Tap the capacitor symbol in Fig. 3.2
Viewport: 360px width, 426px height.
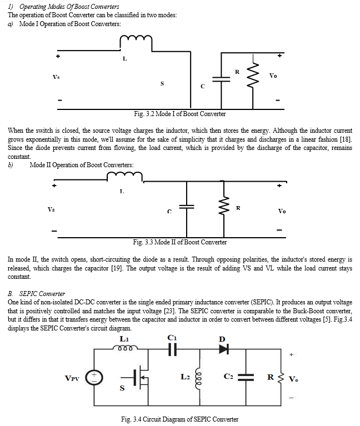(x=221, y=79)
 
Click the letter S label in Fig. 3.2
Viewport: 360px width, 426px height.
(x=162, y=83)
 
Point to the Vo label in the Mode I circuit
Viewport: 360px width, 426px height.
(x=273, y=76)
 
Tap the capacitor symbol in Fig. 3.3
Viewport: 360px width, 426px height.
(x=186, y=207)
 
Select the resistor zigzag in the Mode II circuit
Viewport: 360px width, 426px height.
(x=224, y=206)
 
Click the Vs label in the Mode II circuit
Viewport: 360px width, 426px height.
(x=51, y=209)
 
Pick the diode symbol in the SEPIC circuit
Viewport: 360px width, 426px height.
(x=223, y=349)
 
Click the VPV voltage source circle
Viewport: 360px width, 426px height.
(x=94, y=378)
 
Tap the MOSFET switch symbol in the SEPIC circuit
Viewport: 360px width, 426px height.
(x=138, y=377)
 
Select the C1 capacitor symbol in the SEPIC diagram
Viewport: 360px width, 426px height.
(x=173, y=349)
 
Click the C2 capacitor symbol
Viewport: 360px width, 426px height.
(x=246, y=377)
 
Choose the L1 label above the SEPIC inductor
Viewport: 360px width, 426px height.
(x=124, y=339)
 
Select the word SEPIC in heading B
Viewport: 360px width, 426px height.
(x=28, y=294)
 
